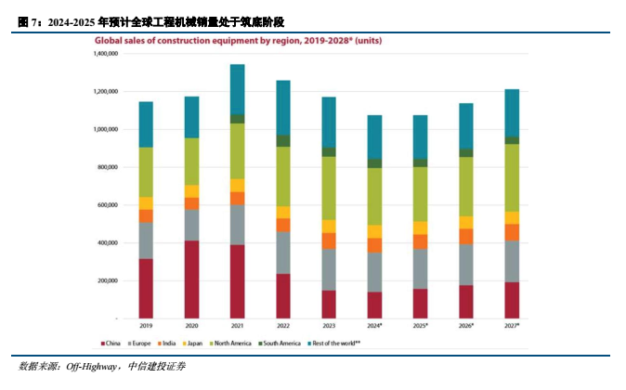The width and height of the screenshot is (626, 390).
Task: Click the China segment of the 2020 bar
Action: (x=191, y=279)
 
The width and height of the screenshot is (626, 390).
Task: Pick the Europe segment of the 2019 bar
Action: (x=146, y=240)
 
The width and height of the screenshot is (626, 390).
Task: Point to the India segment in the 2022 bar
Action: (x=282, y=225)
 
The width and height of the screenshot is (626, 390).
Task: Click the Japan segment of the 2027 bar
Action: (x=512, y=217)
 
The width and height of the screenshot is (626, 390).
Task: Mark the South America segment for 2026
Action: (x=466, y=152)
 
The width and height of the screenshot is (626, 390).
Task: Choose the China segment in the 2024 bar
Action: (x=374, y=305)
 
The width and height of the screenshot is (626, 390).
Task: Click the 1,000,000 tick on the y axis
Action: (x=104, y=129)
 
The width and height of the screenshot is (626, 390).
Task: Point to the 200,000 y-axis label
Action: (x=107, y=280)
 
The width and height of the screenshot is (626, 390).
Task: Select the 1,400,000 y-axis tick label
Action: (x=104, y=54)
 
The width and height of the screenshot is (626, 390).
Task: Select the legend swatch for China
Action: (x=103, y=344)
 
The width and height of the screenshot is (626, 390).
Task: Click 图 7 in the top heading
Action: (x=28, y=20)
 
